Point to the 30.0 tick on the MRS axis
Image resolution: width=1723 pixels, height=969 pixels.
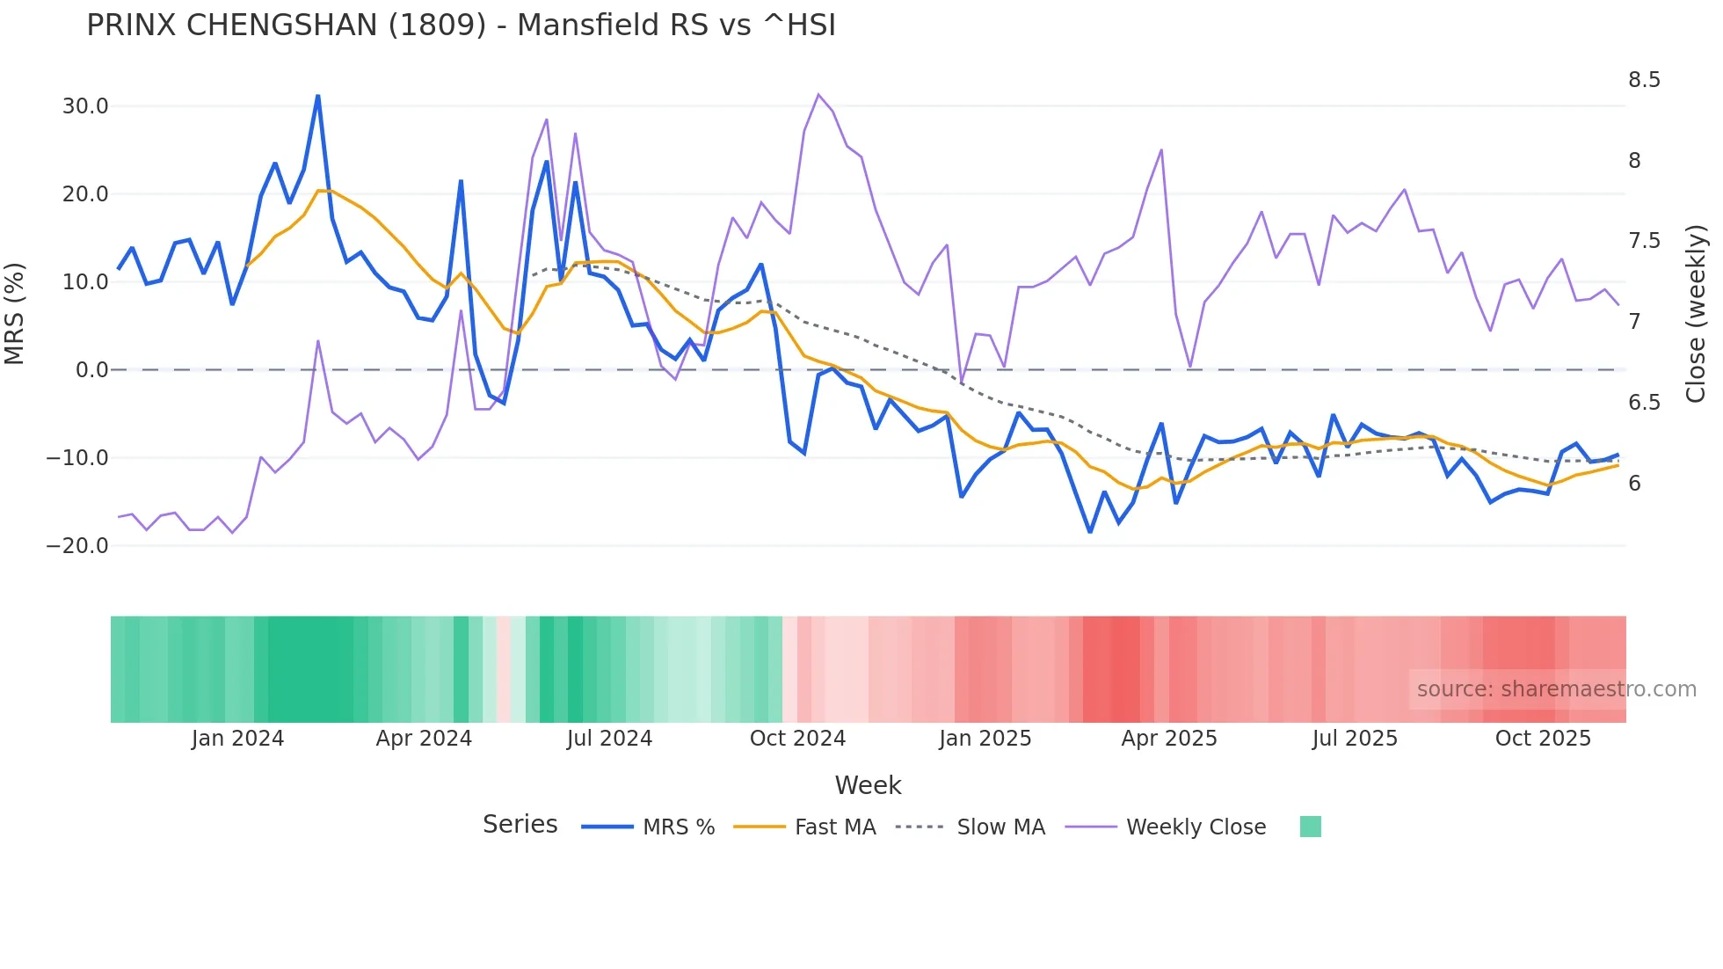click(85, 106)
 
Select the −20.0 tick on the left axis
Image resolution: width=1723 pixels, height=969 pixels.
click(77, 546)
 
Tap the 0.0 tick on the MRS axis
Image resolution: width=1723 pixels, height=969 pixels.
click(92, 370)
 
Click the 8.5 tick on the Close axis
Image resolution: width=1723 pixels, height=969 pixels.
click(1644, 80)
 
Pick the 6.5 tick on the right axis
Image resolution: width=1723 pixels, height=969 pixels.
click(1644, 403)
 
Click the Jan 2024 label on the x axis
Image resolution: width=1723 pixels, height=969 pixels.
click(237, 739)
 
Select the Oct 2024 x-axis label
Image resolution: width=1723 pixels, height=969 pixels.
click(797, 739)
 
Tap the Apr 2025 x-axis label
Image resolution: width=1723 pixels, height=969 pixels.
click(1169, 739)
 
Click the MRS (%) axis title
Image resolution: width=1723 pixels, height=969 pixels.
click(15, 314)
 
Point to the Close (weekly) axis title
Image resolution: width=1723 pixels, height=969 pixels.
click(1696, 314)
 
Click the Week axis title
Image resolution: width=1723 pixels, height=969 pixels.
click(868, 785)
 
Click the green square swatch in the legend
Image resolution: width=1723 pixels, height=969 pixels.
click(1310, 827)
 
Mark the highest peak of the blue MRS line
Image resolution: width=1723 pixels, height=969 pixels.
click(318, 96)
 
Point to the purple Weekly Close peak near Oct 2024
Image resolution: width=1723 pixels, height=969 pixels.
click(818, 94)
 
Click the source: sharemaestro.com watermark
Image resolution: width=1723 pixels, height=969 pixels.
click(1556, 689)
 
